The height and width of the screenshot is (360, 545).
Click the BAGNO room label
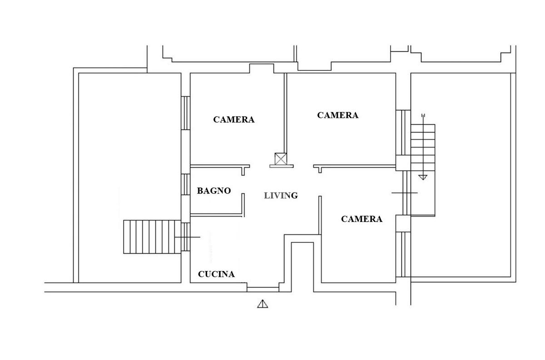213,191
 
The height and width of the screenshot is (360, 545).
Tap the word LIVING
281,196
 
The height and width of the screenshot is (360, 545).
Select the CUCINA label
216,274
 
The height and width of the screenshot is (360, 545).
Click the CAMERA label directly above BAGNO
234,120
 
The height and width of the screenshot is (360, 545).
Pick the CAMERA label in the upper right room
337,115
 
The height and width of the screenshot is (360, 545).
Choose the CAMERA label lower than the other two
362,219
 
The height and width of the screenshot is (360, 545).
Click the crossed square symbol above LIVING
281,159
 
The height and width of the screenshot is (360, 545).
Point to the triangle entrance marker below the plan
263,304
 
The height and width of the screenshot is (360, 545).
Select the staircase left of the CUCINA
152,237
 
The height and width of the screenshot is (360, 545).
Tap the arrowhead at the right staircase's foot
423,177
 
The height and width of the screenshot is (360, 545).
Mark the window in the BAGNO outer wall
185,185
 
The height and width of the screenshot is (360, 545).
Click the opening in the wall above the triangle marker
263,287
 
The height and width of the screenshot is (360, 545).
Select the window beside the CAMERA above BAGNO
185,113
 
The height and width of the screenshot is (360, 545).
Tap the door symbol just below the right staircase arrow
405,193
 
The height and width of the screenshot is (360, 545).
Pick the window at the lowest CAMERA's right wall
400,254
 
